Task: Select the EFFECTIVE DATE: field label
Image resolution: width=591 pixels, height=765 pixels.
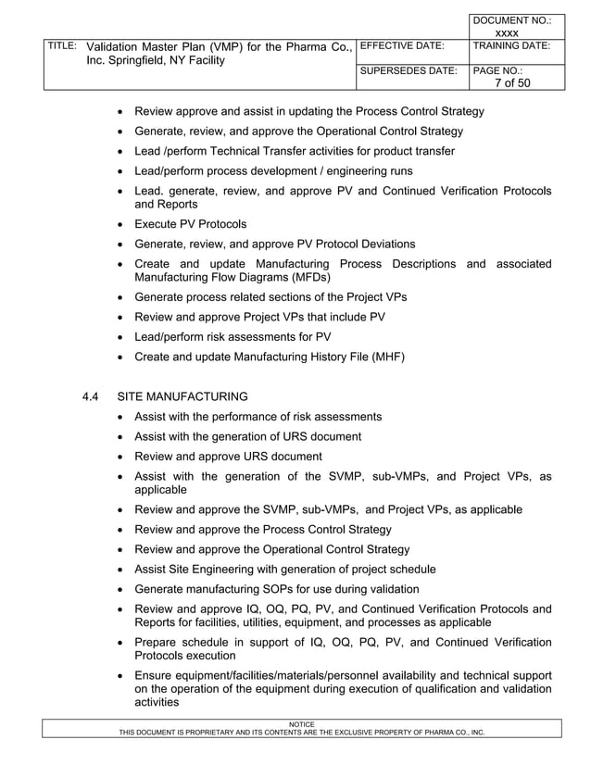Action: [x=400, y=44]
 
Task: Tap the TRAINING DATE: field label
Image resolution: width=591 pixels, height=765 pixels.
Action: [x=511, y=44]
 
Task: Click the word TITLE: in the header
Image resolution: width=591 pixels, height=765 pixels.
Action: [x=60, y=45]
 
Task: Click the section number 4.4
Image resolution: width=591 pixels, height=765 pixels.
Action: [x=91, y=396]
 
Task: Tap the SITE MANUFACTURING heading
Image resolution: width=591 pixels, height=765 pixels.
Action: [x=189, y=396]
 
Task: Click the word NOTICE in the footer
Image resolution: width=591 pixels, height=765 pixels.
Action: [x=302, y=723]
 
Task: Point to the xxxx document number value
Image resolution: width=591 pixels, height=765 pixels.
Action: [x=507, y=32]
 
